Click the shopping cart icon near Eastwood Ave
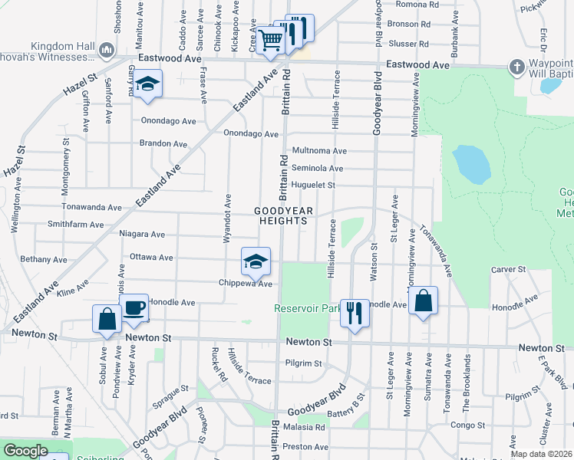[269, 40]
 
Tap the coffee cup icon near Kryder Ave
[135, 308]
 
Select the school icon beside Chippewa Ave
[256, 262]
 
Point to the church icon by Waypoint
[516, 67]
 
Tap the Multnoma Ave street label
[319, 152]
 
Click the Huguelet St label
[313, 185]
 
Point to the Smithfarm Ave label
[75, 225]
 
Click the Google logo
[25, 451]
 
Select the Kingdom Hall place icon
[107, 51]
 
